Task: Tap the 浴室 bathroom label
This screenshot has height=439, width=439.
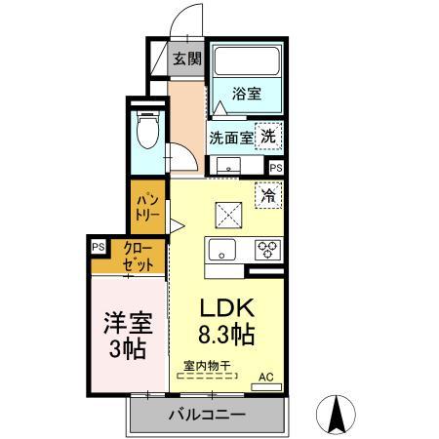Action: click(x=248, y=95)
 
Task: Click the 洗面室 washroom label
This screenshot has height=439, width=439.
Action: click(x=230, y=138)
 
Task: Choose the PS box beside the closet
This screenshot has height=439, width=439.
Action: click(x=99, y=248)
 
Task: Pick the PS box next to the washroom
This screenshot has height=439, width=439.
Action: click(x=276, y=167)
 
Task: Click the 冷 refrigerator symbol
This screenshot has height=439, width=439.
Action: click(x=267, y=193)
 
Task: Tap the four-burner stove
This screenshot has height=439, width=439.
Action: click(x=266, y=249)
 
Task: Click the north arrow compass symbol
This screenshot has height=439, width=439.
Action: click(x=339, y=415)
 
